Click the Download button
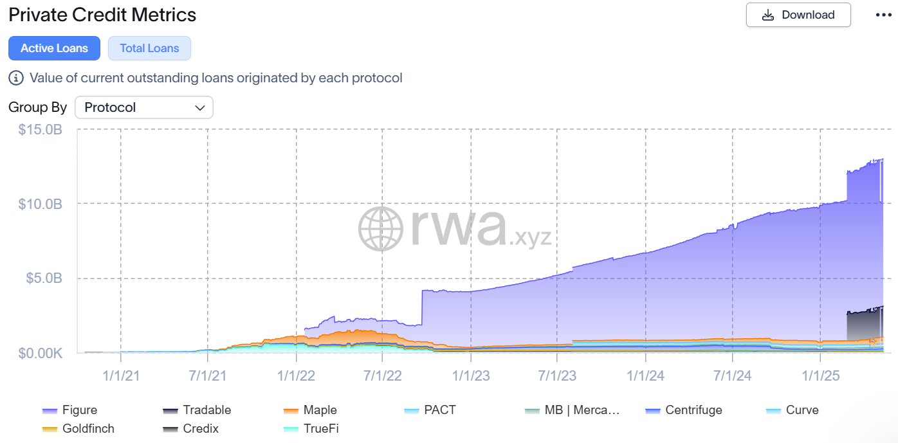tap(798, 15)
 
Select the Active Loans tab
tap(54, 48)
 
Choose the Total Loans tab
tap(149, 48)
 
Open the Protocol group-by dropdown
tap(143, 107)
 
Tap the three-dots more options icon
tap(883, 15)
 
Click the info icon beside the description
tap(16, 78)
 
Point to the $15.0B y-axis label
tap(41, 129)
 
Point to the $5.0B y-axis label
tap(44, 278)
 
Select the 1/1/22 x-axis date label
tap(297, 375)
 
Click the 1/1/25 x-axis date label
tap(819, 375)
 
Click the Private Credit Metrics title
tap(102, 14)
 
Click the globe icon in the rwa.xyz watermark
tap(381, 228)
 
